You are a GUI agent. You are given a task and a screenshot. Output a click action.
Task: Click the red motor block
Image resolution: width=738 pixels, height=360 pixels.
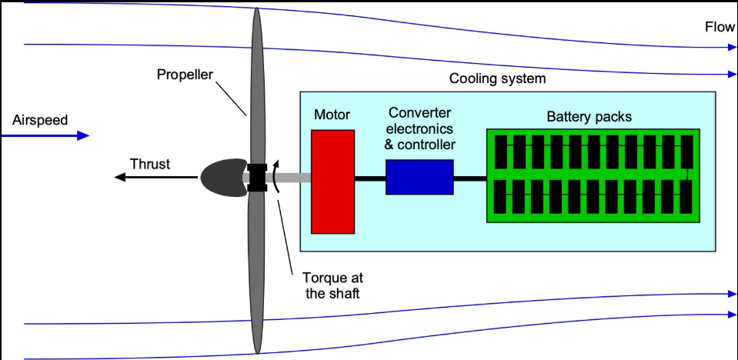(x=332, y=182)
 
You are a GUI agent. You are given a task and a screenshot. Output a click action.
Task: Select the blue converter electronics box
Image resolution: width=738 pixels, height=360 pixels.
(x=419, y=177)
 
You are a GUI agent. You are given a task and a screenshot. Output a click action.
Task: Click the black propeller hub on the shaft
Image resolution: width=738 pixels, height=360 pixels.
(x=258, y=178)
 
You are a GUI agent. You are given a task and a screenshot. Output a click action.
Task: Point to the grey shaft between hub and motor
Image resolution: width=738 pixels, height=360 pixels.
(x=289, y=178)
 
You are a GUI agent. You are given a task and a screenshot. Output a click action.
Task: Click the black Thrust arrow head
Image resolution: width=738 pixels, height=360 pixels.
(x=121, y=177)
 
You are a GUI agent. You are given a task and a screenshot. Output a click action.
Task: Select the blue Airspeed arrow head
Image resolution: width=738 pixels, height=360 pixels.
(x=83, y=136)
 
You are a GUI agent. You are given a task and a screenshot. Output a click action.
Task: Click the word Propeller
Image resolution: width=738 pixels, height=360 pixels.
(x=185, y=75)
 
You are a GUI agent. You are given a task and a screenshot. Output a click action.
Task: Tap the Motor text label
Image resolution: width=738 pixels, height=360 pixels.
(x=332, y=115)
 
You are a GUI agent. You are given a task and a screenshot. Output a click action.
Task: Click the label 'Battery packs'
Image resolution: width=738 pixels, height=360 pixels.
(x=589, y=117)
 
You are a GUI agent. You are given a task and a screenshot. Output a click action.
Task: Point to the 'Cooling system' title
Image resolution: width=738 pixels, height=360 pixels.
(x=497, y=78)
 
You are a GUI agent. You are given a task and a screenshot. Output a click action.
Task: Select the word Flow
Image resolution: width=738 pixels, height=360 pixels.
(x=720, y=27)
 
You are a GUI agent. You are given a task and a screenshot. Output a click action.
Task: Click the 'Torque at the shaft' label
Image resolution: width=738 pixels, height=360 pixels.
(x=332, y=285)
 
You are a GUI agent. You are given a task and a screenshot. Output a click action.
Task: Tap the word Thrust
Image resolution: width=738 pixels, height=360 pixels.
(x=150, y=164)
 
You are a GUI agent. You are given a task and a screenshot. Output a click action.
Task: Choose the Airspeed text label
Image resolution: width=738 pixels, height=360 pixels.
(x=40, y=120)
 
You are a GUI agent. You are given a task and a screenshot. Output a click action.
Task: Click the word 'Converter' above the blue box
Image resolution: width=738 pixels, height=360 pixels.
(x=419, y=113)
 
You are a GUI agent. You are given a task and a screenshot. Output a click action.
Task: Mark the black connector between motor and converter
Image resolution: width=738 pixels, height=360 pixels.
(x=370, y=178)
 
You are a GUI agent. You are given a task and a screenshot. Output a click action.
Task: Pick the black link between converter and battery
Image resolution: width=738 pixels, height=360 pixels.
(x=469, y=178)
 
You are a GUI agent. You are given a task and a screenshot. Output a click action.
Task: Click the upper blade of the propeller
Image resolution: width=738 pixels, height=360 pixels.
(x=256, y=85)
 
